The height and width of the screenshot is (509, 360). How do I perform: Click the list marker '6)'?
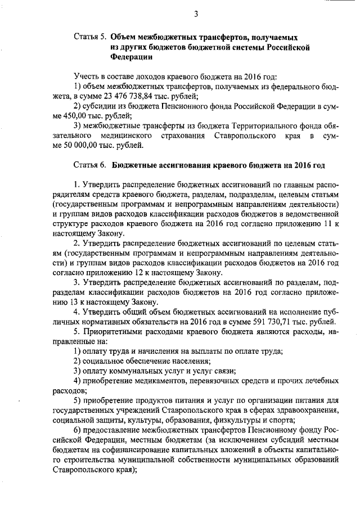(x=78, y=430)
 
